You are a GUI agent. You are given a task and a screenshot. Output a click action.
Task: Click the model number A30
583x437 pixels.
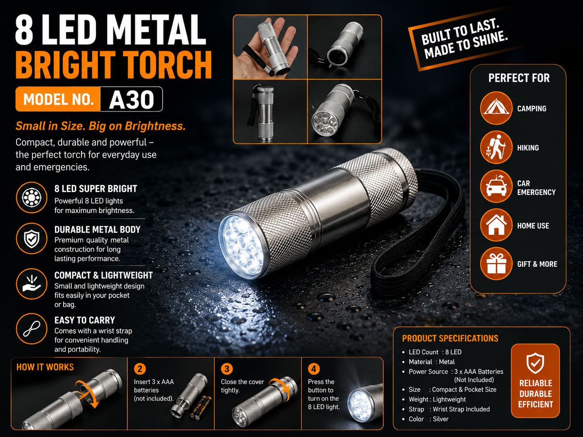(x=132, y=99)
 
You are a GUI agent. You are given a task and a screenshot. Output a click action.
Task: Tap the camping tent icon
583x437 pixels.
(x=496, y=108)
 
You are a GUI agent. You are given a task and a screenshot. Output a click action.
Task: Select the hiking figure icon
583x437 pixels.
(x=496, y=147)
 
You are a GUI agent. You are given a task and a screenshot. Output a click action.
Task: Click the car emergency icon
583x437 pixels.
(x=496, y=186)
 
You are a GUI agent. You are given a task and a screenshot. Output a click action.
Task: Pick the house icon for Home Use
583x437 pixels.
(x=496, y=225)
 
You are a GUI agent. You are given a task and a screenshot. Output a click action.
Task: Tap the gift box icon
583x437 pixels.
(x=496, y=264)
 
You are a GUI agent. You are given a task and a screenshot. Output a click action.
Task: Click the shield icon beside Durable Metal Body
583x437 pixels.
(x=32, y=239)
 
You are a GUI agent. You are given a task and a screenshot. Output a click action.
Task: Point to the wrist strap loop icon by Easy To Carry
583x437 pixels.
(x=32, y=329)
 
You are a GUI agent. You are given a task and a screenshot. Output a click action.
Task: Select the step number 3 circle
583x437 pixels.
(x=227, y=369)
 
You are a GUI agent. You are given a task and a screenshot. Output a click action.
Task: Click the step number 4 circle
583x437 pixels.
(x=314, y=369)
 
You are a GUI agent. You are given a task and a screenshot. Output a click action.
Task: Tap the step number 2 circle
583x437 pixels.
(x=140, y=369)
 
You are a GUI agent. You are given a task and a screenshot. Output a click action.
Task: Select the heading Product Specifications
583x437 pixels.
(x=450, y=338)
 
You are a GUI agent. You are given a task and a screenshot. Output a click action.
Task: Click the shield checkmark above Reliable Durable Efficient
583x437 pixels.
(x=535, y=363)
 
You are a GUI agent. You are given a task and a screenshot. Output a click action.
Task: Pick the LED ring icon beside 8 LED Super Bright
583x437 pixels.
(x=32, y=198)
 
